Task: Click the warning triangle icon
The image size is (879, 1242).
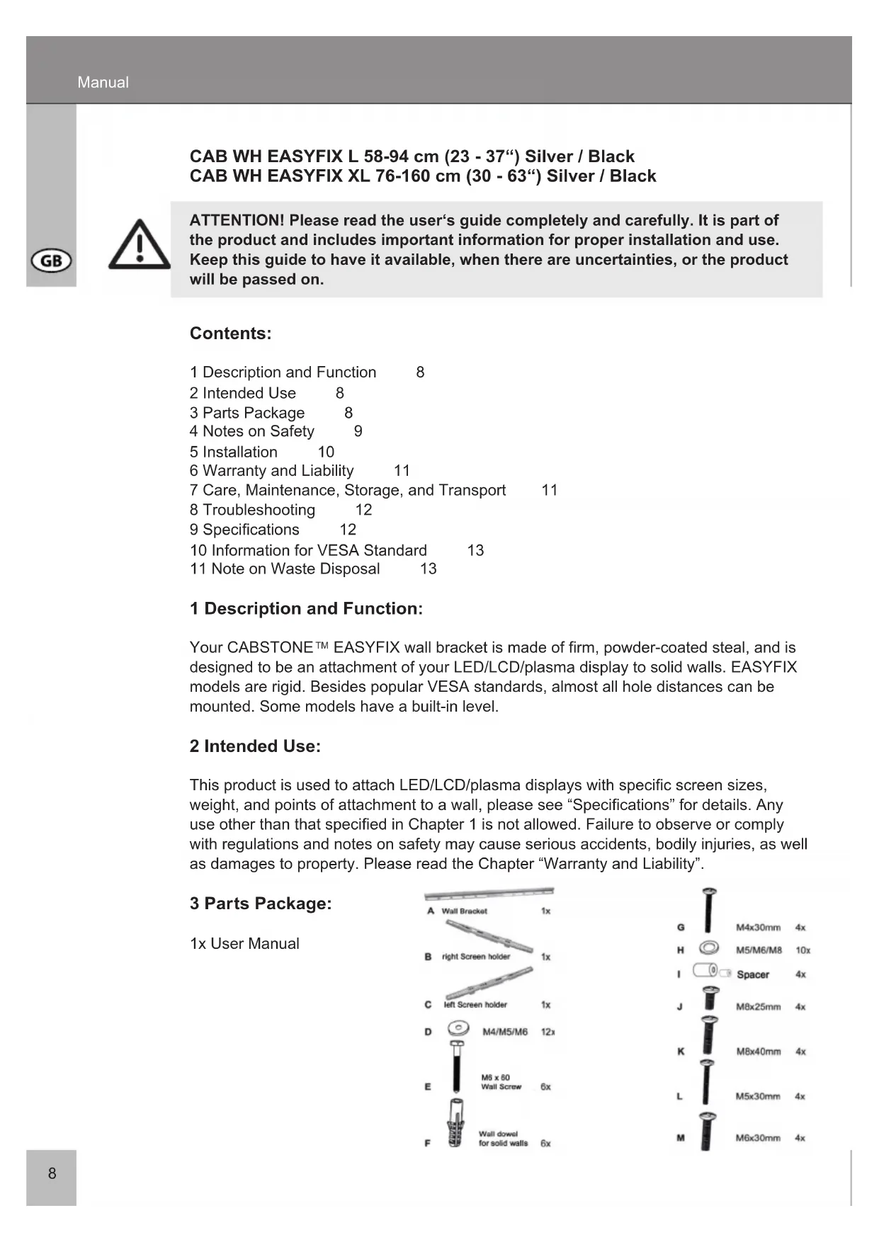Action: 139,245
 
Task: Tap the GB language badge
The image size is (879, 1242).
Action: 51,261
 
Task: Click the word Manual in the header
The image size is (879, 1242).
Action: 103,83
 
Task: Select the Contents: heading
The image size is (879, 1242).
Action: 230,334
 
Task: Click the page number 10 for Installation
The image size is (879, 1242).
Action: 326,452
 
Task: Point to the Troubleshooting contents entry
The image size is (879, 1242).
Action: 252,510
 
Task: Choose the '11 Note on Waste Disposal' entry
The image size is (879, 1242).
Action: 285,569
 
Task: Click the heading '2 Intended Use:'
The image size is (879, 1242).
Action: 255,746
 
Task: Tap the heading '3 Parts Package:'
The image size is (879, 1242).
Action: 261,904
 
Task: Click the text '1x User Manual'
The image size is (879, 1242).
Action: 244,943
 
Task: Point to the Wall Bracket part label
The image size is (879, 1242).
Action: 464,911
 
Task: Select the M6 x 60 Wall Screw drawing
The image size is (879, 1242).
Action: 457,1068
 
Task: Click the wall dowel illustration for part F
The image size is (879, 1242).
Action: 456,1123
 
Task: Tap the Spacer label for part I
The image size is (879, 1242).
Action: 752,974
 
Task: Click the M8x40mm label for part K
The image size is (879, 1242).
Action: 758,1052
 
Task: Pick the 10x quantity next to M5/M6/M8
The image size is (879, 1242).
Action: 803,950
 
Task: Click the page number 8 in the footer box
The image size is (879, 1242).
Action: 52,1173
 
